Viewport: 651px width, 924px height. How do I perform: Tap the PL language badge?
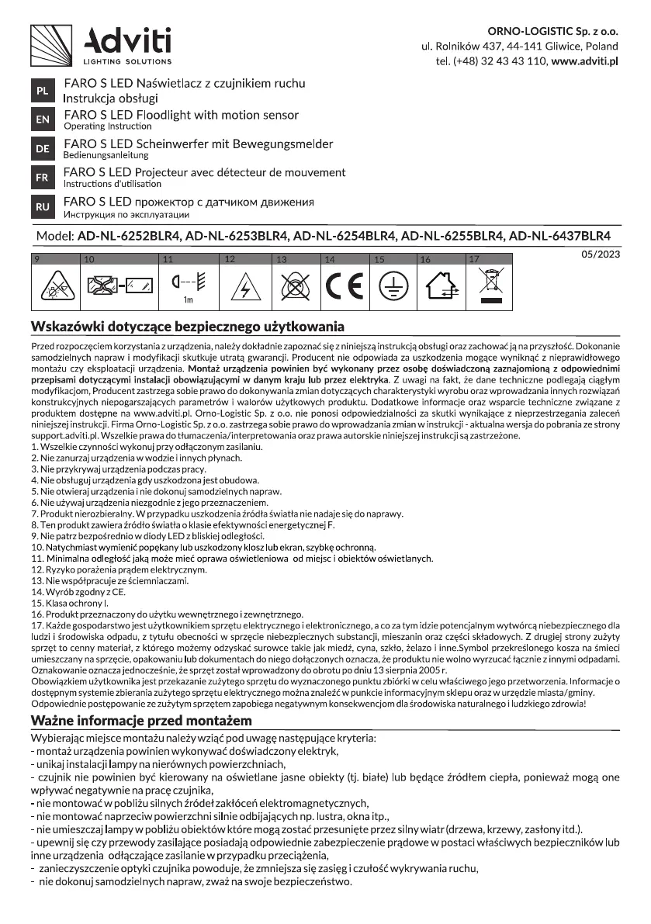(x=42, y=91)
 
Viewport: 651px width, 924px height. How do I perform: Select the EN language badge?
(x=42, y=119)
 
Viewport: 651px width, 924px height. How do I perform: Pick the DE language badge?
(x=42, y=148)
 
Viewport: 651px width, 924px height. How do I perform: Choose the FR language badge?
(x=42, y=178)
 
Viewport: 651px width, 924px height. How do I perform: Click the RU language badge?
(x=42, y=207)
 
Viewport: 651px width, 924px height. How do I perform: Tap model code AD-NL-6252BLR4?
(x=126, y=236)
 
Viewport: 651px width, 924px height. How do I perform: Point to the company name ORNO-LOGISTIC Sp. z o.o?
(x=552, y=31)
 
